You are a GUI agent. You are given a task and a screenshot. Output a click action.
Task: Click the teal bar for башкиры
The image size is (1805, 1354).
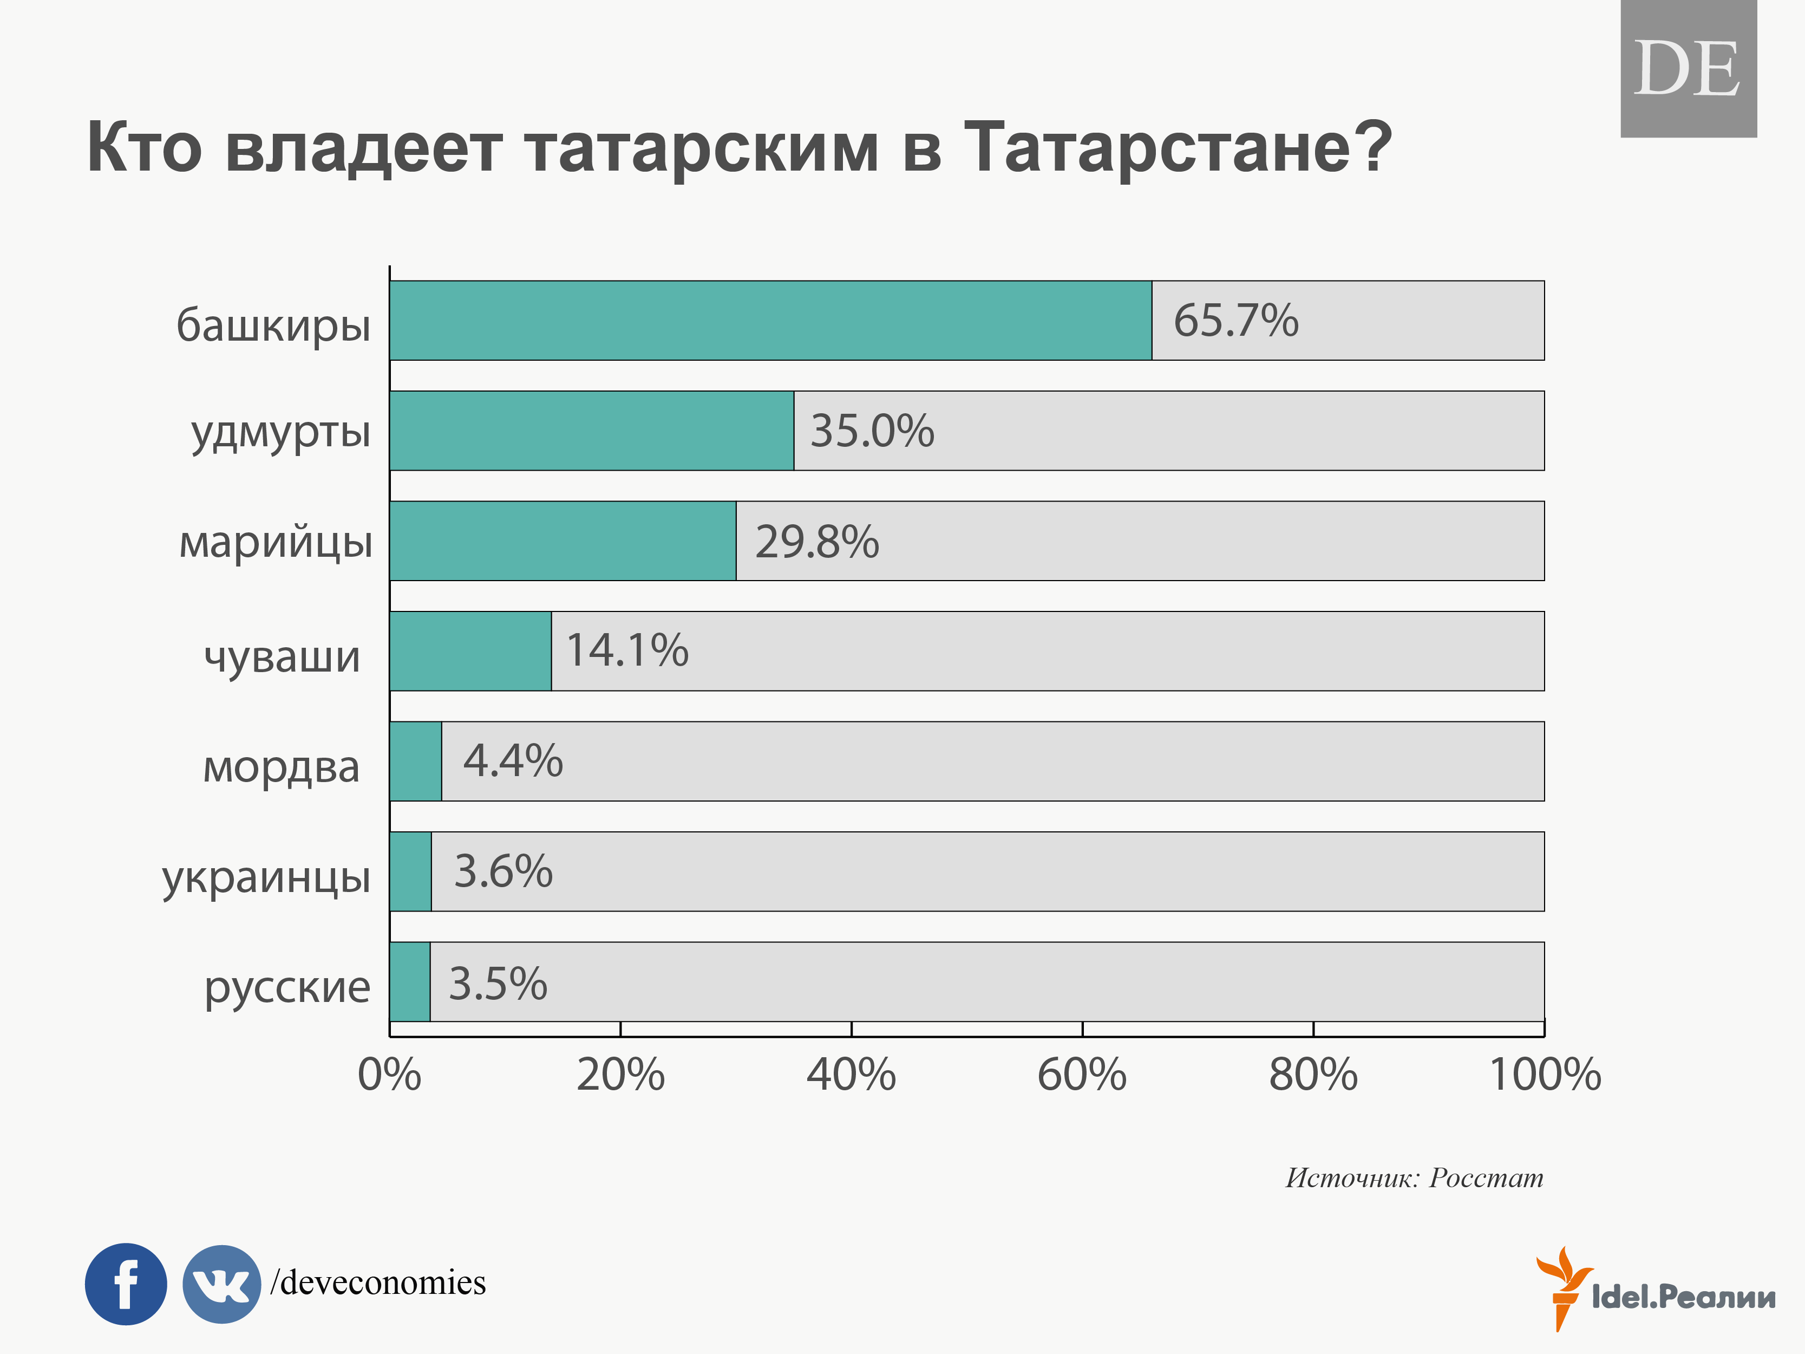(x=770, y=321)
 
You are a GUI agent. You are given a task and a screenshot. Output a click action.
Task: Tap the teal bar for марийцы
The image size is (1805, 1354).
(x=563, y=541)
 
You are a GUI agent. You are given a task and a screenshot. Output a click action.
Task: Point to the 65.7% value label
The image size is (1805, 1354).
(x=1235, y=320)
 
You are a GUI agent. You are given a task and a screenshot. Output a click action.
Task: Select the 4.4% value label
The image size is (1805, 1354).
(x=513, y=760)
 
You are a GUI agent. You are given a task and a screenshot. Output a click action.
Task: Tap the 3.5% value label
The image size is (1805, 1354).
(x=498, y=984)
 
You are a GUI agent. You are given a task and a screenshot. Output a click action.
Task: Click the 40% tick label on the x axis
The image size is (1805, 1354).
(x=851, y=1075)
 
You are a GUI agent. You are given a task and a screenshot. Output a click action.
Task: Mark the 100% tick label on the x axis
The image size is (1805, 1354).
(x=1545, y=1075)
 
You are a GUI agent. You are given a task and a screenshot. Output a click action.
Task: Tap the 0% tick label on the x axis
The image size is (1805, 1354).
(x=390, y=1075)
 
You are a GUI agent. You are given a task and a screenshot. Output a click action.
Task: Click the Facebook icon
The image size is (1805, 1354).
(x=126, y=1284)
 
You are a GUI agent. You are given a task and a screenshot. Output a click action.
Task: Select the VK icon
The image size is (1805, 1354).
(x=221, y=1284)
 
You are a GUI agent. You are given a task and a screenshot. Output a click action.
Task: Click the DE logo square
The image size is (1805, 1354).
(x=1688, y=69)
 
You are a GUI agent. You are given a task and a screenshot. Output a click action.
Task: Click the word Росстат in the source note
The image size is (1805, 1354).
(x=1486, y=1178)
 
